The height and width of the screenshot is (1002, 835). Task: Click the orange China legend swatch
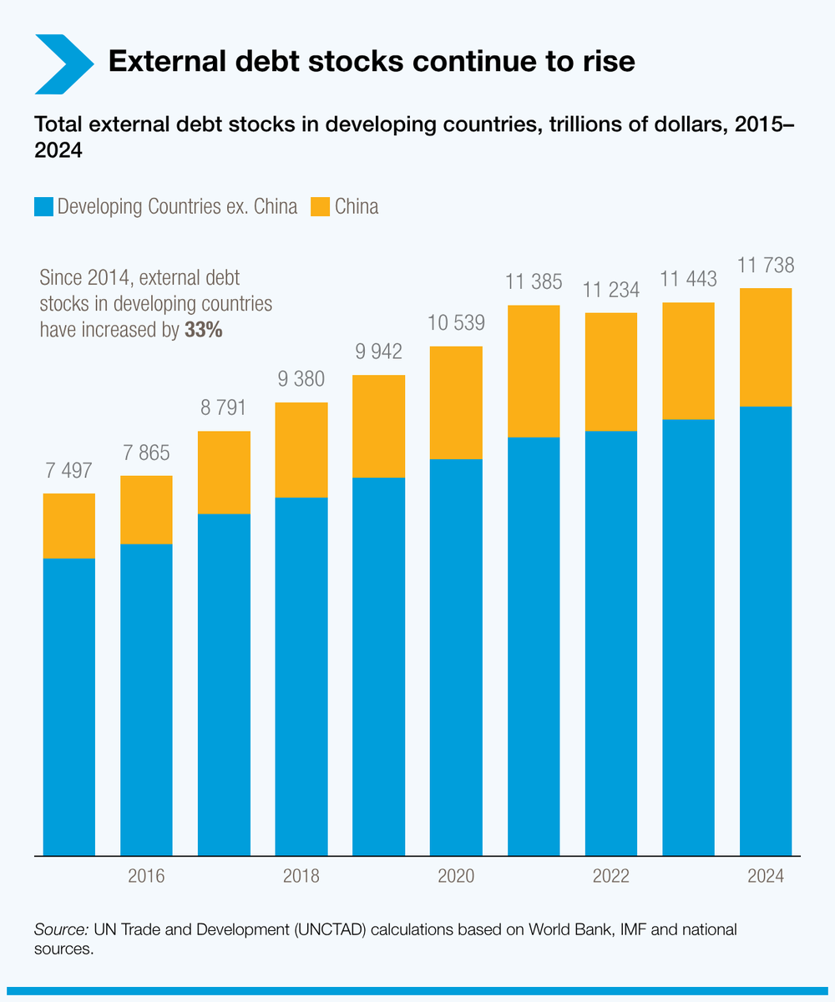tap(321, 206)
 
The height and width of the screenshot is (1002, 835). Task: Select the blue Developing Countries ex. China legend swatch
tap(43, 206)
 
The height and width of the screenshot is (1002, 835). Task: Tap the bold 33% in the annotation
tap(203, 330)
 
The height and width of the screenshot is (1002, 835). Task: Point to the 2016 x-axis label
tap(146, 877)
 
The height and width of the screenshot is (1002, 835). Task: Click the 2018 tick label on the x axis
tap(301, 877)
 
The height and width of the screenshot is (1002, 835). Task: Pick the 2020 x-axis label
tap(456, 877)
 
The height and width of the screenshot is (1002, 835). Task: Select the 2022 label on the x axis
tap(610, 877)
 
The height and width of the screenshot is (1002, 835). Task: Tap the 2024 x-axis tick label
tap(766, 877)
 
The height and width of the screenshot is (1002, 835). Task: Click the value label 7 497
tap(68, 471)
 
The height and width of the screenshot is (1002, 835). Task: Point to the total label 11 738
tap(766, 266)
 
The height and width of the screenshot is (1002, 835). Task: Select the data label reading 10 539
tap(456, 323)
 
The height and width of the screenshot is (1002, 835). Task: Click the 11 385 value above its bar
tap(534, 282)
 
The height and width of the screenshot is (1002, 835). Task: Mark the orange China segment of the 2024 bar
tap(766, 347)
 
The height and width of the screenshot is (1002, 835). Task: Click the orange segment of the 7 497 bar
tap(68, 526)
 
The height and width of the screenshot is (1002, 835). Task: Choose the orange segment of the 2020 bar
tap(456, 402)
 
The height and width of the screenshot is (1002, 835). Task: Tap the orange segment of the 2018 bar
tap(301, 450)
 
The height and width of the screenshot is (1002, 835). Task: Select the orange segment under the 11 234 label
tap(610, 372)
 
